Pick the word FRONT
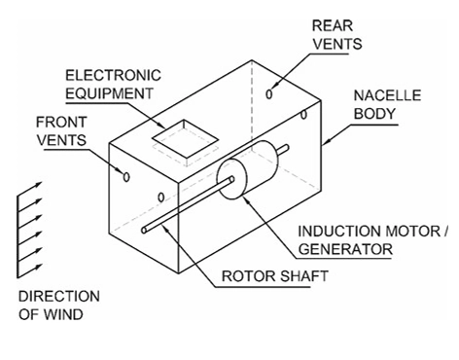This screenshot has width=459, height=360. click(58, 124)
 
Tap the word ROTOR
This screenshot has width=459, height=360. click(245, 275)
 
